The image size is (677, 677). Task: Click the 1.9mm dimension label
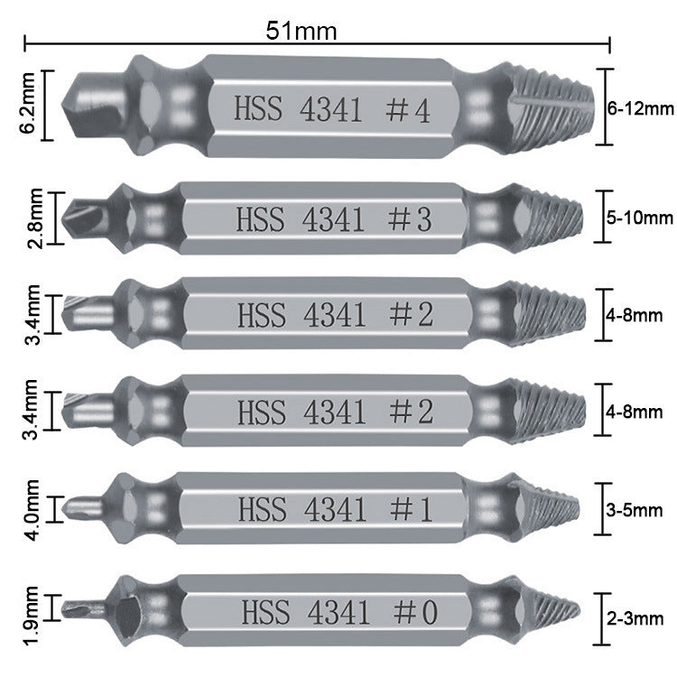tap(32, 616)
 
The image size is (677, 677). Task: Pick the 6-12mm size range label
tap(641, 108)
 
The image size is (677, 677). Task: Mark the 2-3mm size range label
tap(635, 619)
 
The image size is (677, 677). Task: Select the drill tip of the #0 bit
tap(84, 610)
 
